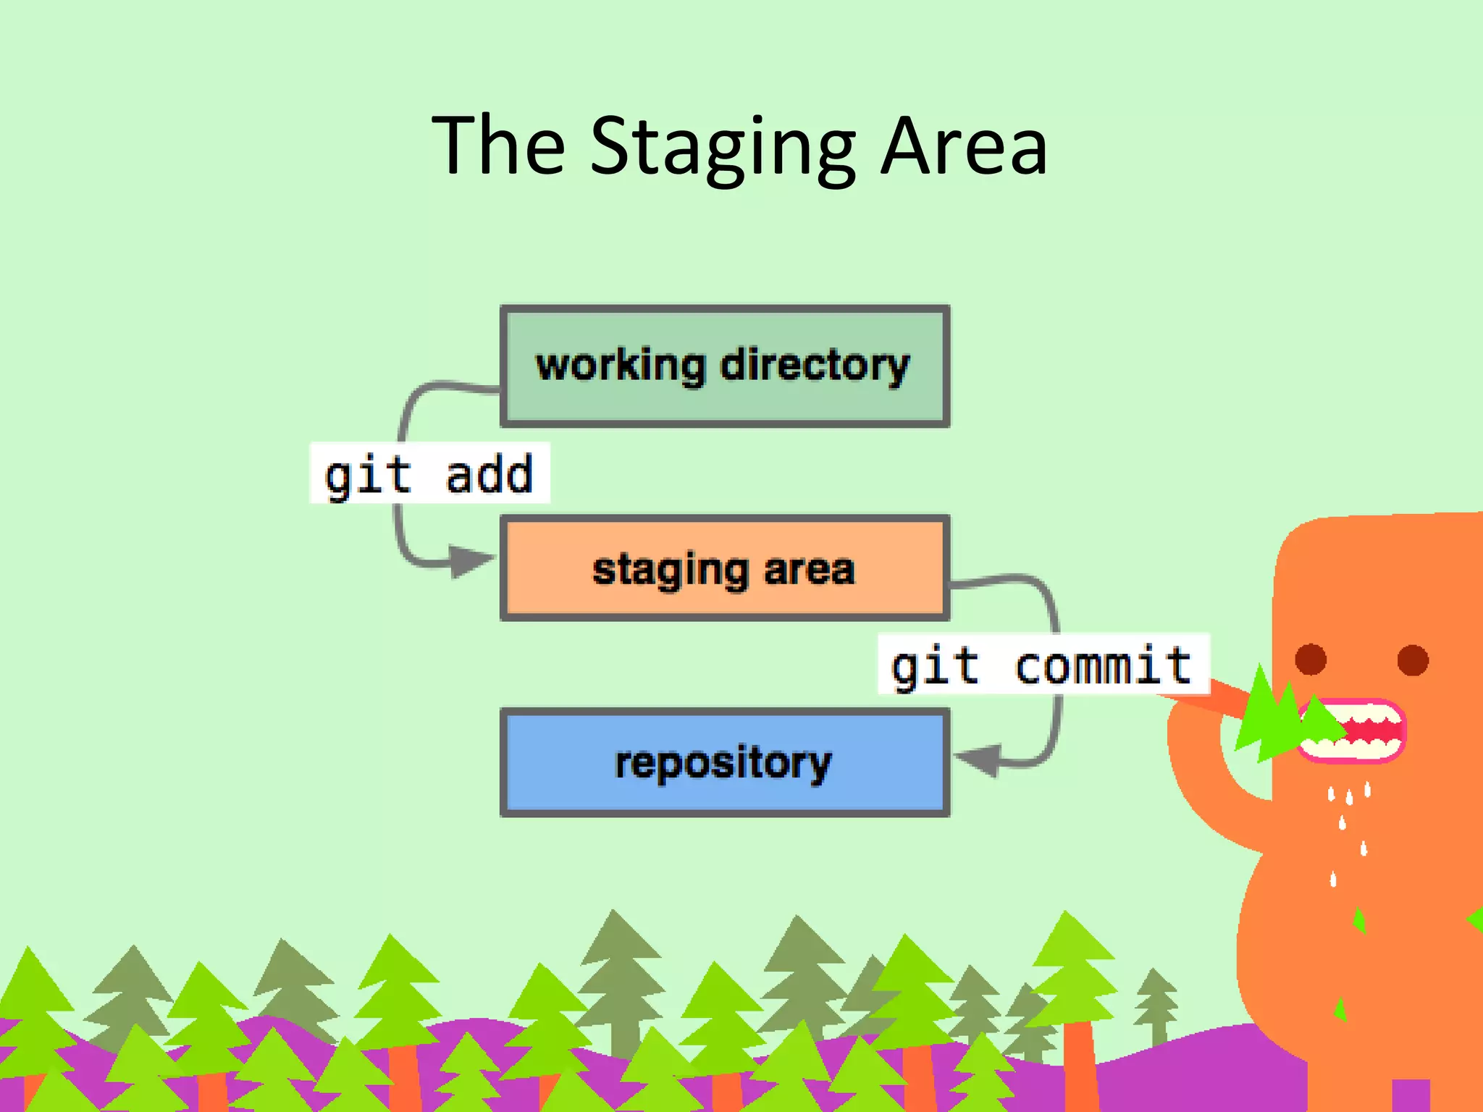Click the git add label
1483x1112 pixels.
pyautogui.click(x=429, y=473)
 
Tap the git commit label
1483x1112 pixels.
pyautogui.click(x=1043, y=665)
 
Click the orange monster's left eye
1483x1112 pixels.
pyautogui.click(x=1311, y=660)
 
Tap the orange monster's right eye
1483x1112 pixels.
pyautogui.click(x=1413, y=660)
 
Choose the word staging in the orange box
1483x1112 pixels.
pyautogui.click(x=670, y=570)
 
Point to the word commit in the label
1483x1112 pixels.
pyautogui.click(x=1102, y=665)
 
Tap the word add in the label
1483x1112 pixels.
pyautogui.click(x=489, y=475)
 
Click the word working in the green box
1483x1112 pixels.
pyautogui.click(x=621, y=365)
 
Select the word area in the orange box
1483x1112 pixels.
pyautogui.click(x=809, y=569)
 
